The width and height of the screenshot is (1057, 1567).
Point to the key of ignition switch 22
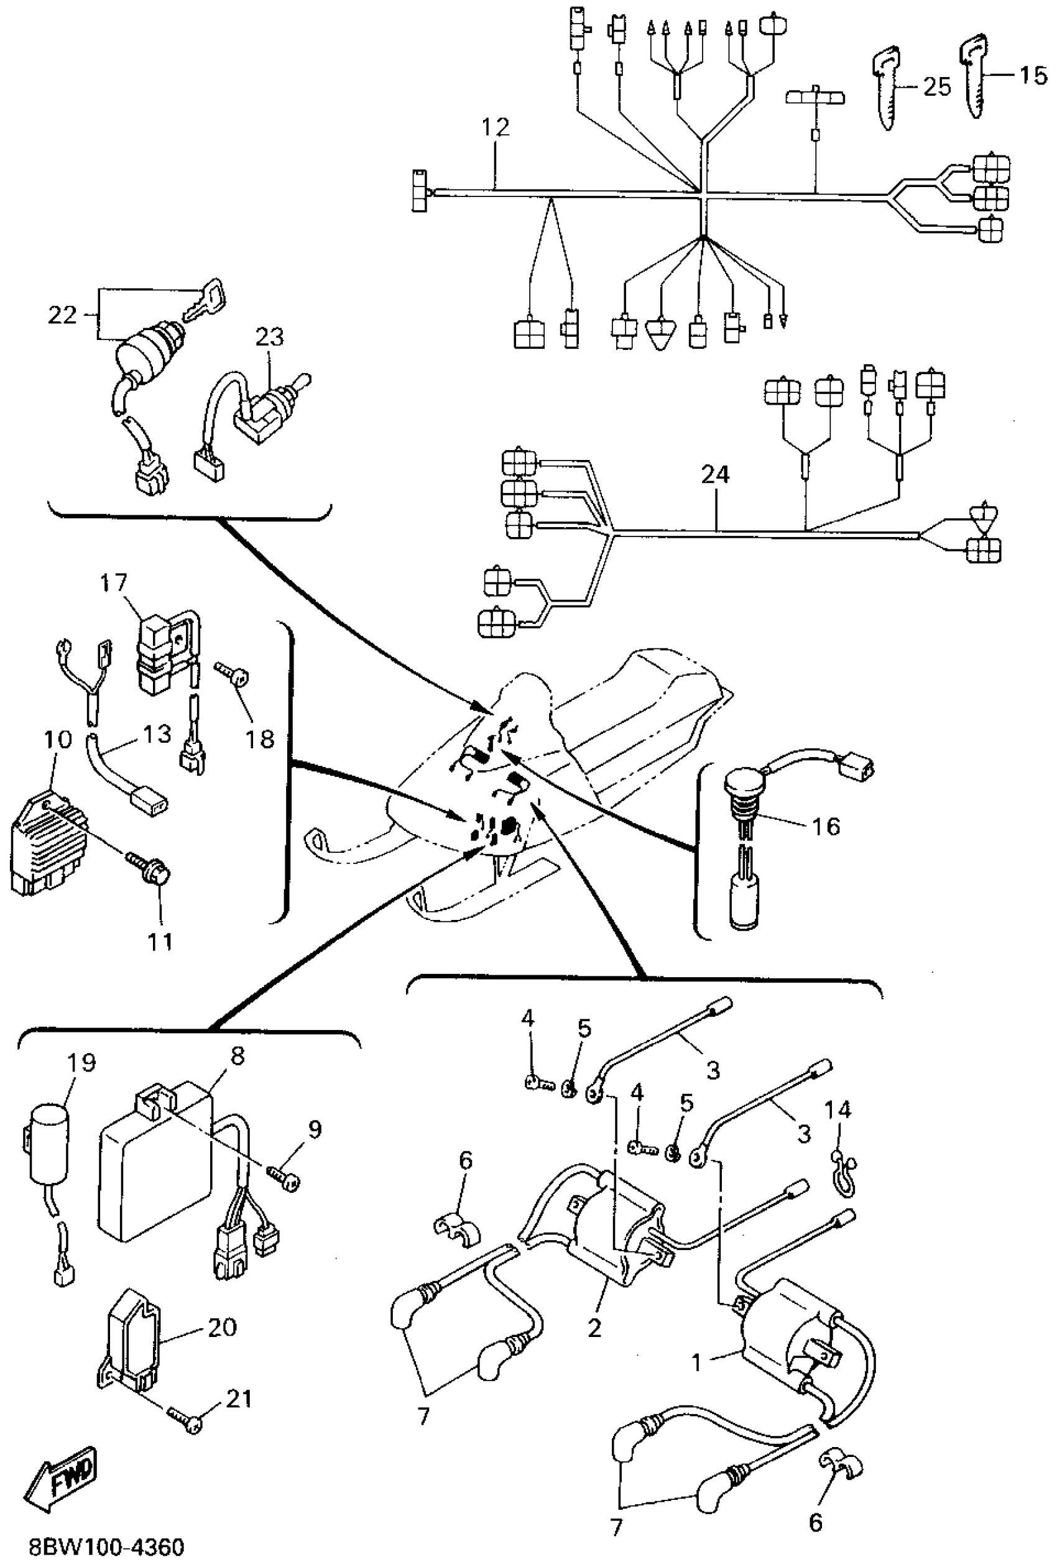coord(206,296)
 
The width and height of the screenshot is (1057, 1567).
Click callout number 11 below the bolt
coord(160,942)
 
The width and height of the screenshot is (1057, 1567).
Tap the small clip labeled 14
coord(841,1176)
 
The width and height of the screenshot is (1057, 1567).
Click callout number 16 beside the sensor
coord(826,825)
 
